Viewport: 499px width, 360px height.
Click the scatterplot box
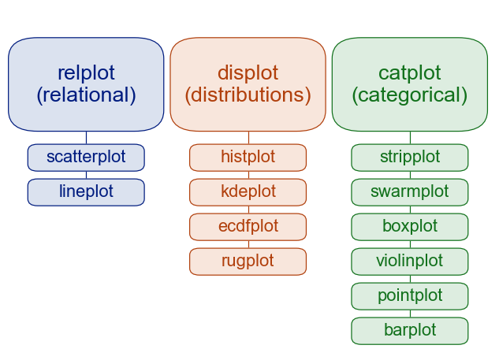point(86,157)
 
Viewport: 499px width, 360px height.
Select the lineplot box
point(86,191)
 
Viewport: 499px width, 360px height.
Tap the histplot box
point(248,157)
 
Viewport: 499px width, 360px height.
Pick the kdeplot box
point(248,191)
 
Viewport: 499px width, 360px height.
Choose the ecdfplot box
point(248,226)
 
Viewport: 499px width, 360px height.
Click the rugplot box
point(248,261)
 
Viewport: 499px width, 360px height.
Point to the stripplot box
point(409,157)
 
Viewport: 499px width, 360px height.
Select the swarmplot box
point(409,191)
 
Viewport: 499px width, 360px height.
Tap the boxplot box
point(409,226)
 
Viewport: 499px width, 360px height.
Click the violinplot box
point(409,261)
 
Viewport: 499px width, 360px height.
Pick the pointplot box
point(409,295)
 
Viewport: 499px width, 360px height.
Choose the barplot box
point(409,330)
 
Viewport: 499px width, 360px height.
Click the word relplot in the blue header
point(86,73)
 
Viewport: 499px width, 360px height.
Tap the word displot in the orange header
point(248,73)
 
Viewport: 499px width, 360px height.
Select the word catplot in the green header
point(409,73)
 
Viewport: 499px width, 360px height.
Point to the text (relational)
point(86,95)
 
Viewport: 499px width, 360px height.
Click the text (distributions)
point(248,95)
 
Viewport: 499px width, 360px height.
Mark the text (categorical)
point(409,95)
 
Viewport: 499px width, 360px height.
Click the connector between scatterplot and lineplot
point(86,175)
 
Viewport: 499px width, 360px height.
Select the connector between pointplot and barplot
point(409,314)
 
